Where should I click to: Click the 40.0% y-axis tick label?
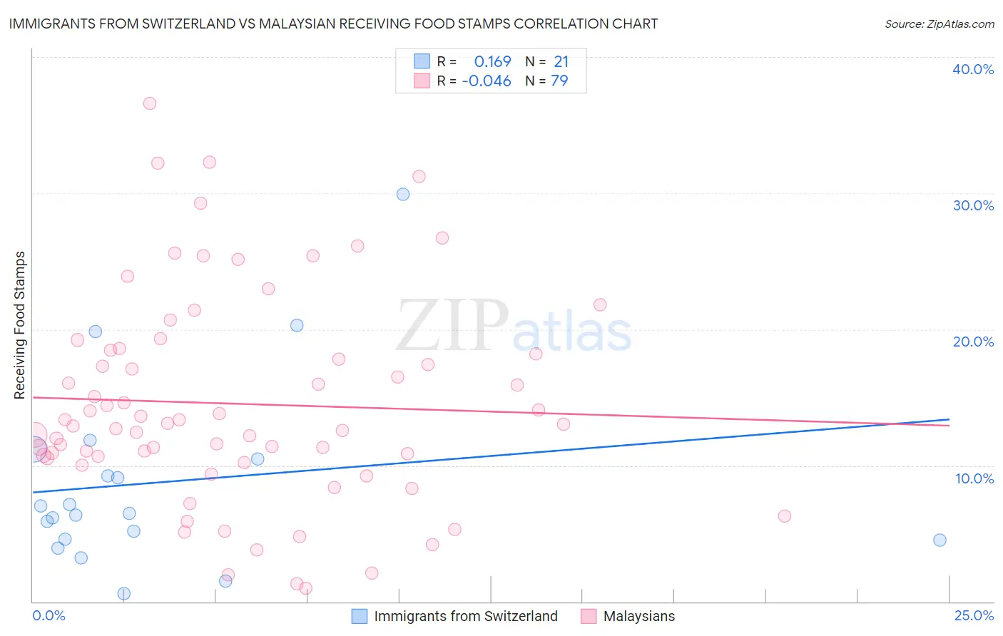(x=972, y=69)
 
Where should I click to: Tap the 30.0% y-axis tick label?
(x=972, y=205)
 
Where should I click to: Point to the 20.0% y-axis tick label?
(x=972, y=342)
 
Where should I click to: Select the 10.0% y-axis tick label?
(x=974, y=478)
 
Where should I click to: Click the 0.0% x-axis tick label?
(x=49, y=616)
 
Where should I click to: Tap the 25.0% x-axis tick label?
(x=974, y=616)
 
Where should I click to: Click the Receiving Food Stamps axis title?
(x=20, y=325)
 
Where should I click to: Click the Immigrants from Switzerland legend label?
(x=465, y=617)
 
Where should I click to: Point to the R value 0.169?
(x=492, y=62)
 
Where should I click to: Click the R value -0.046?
(x=487, y=81)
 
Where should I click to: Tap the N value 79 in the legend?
(x=559, y=81)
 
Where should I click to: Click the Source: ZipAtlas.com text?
(x=939, y=24)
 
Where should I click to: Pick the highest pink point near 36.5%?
(x=149, y=103)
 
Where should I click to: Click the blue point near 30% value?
(x=403, y=194)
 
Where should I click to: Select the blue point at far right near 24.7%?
(x=940, y=540)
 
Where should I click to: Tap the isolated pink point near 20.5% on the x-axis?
(x=784, y=516)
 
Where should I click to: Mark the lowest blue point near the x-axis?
(x=123, y=594)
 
